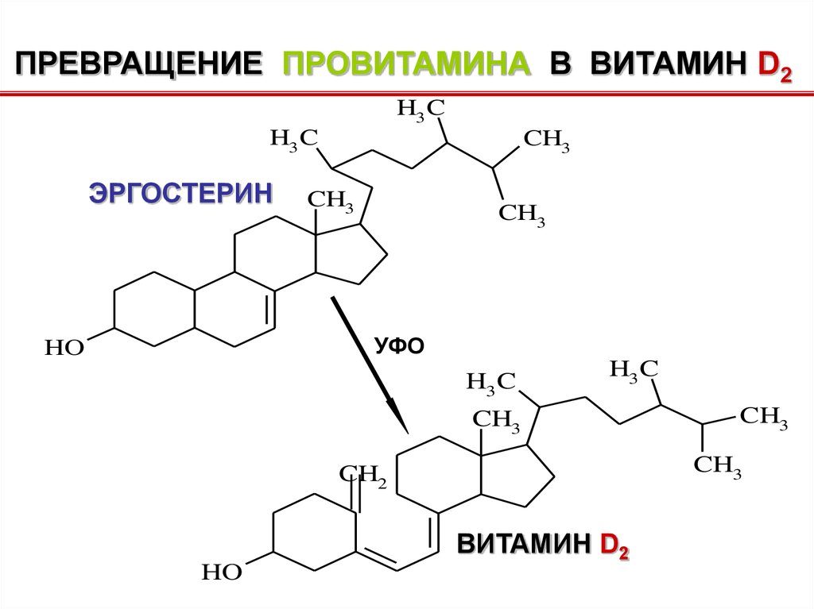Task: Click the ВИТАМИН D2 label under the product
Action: tap(542, 546)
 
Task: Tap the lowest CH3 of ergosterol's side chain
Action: tap(521, 214)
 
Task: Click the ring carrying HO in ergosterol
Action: tap(153, 310)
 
